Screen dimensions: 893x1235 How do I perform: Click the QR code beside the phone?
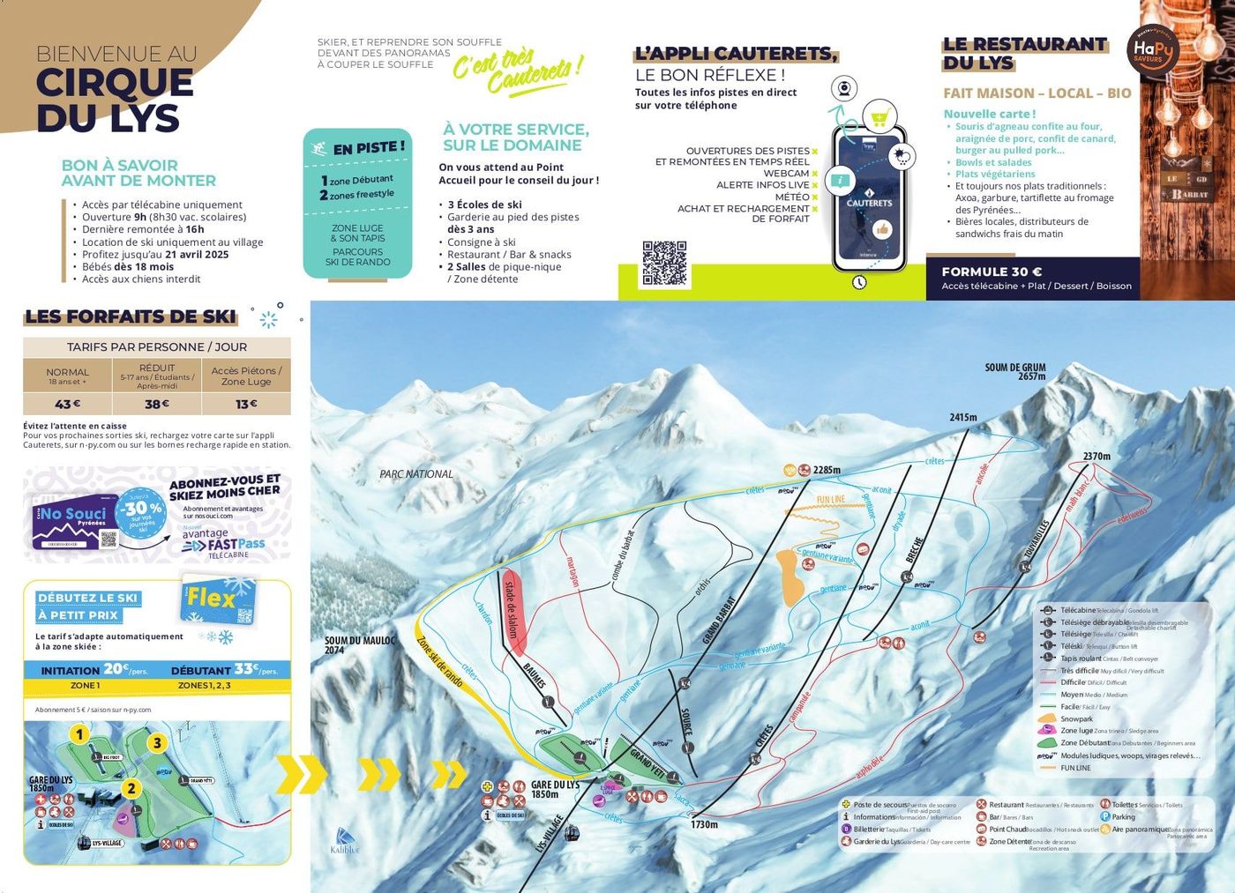(664, 264)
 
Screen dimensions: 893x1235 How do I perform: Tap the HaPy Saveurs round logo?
(1152, 51)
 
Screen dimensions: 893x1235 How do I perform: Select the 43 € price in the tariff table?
(68, 404)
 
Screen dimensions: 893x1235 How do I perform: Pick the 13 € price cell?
(246, 404)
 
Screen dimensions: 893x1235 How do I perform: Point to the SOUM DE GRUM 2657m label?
(1014, 371)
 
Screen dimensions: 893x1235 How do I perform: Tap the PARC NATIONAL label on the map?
(416, 474)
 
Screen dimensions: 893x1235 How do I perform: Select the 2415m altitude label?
(963, 417)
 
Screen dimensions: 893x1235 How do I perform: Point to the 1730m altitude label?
(704, 824)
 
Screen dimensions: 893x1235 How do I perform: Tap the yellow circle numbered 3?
(157, 743)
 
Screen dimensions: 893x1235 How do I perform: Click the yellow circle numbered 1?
(79, 734)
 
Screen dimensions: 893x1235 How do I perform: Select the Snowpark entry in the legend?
(1076, 718)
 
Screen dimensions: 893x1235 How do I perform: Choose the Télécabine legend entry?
(1077, 610)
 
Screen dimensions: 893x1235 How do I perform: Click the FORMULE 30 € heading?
(992, 272)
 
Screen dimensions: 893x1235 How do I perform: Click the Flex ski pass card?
(218, 601)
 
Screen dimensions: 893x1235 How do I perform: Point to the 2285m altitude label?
(827, 470)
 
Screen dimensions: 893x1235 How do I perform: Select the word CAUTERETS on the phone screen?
(869, 203)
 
